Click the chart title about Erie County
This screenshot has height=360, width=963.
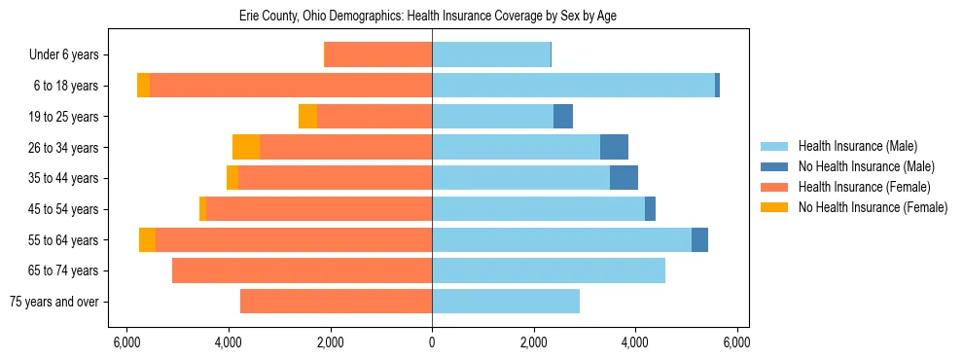(x=428, y=17)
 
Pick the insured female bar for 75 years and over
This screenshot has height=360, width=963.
(x=336, y=302)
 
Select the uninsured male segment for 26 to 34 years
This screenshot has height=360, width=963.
(x=614, y=147)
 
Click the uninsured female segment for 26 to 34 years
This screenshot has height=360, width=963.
(x=246, y=147)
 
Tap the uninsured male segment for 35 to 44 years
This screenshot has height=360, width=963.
(x=624, y=178)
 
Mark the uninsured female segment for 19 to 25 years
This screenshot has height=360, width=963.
(x=307, y=117)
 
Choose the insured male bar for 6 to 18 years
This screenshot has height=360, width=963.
(x=573, y=86)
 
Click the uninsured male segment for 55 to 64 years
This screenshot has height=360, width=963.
(x=699, y=239)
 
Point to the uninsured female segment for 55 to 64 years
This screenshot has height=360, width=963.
(x=147, y=239)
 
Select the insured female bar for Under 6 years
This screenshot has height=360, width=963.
(x=378, y=54)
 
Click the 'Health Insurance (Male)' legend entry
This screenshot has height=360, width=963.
(x=857, y=146)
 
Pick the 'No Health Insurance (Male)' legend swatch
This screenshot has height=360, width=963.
(x=775, y=166)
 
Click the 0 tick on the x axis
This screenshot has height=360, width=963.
(x=432, y=342)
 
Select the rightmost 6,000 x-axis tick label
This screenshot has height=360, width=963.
(x=736, y=342)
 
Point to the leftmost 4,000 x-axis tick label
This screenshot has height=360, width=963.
(x=229, y=342)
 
